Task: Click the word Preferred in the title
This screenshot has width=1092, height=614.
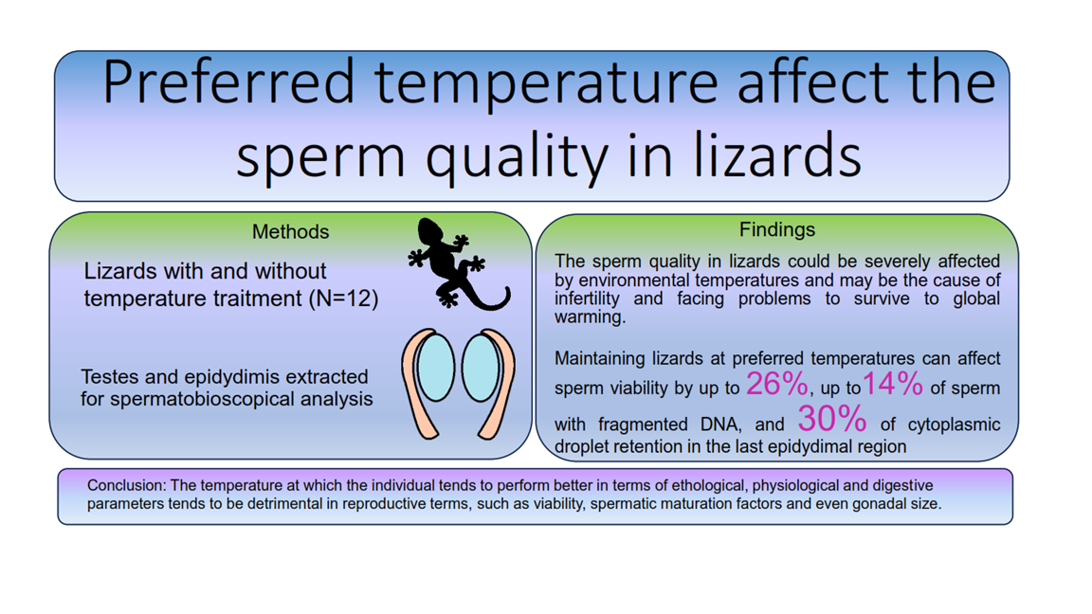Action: (228, 82)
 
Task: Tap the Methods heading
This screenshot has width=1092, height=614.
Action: (290, 232)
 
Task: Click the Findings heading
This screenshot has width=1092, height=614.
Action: (777, 229)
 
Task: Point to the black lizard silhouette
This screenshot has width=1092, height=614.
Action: (456, 263)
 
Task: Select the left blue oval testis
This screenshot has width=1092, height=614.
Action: (436, 368)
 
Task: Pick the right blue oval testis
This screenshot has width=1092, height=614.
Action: (482, 368)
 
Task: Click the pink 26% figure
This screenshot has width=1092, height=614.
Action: (777, 385)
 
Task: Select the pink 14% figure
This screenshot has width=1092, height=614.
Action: (893, 385)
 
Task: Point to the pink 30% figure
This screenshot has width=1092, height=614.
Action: (832, 419)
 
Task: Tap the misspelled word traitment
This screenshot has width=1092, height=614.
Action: (260, 299)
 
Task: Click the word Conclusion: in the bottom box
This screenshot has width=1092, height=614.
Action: (127, 485)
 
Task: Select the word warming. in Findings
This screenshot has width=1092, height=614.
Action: (590, 317)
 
